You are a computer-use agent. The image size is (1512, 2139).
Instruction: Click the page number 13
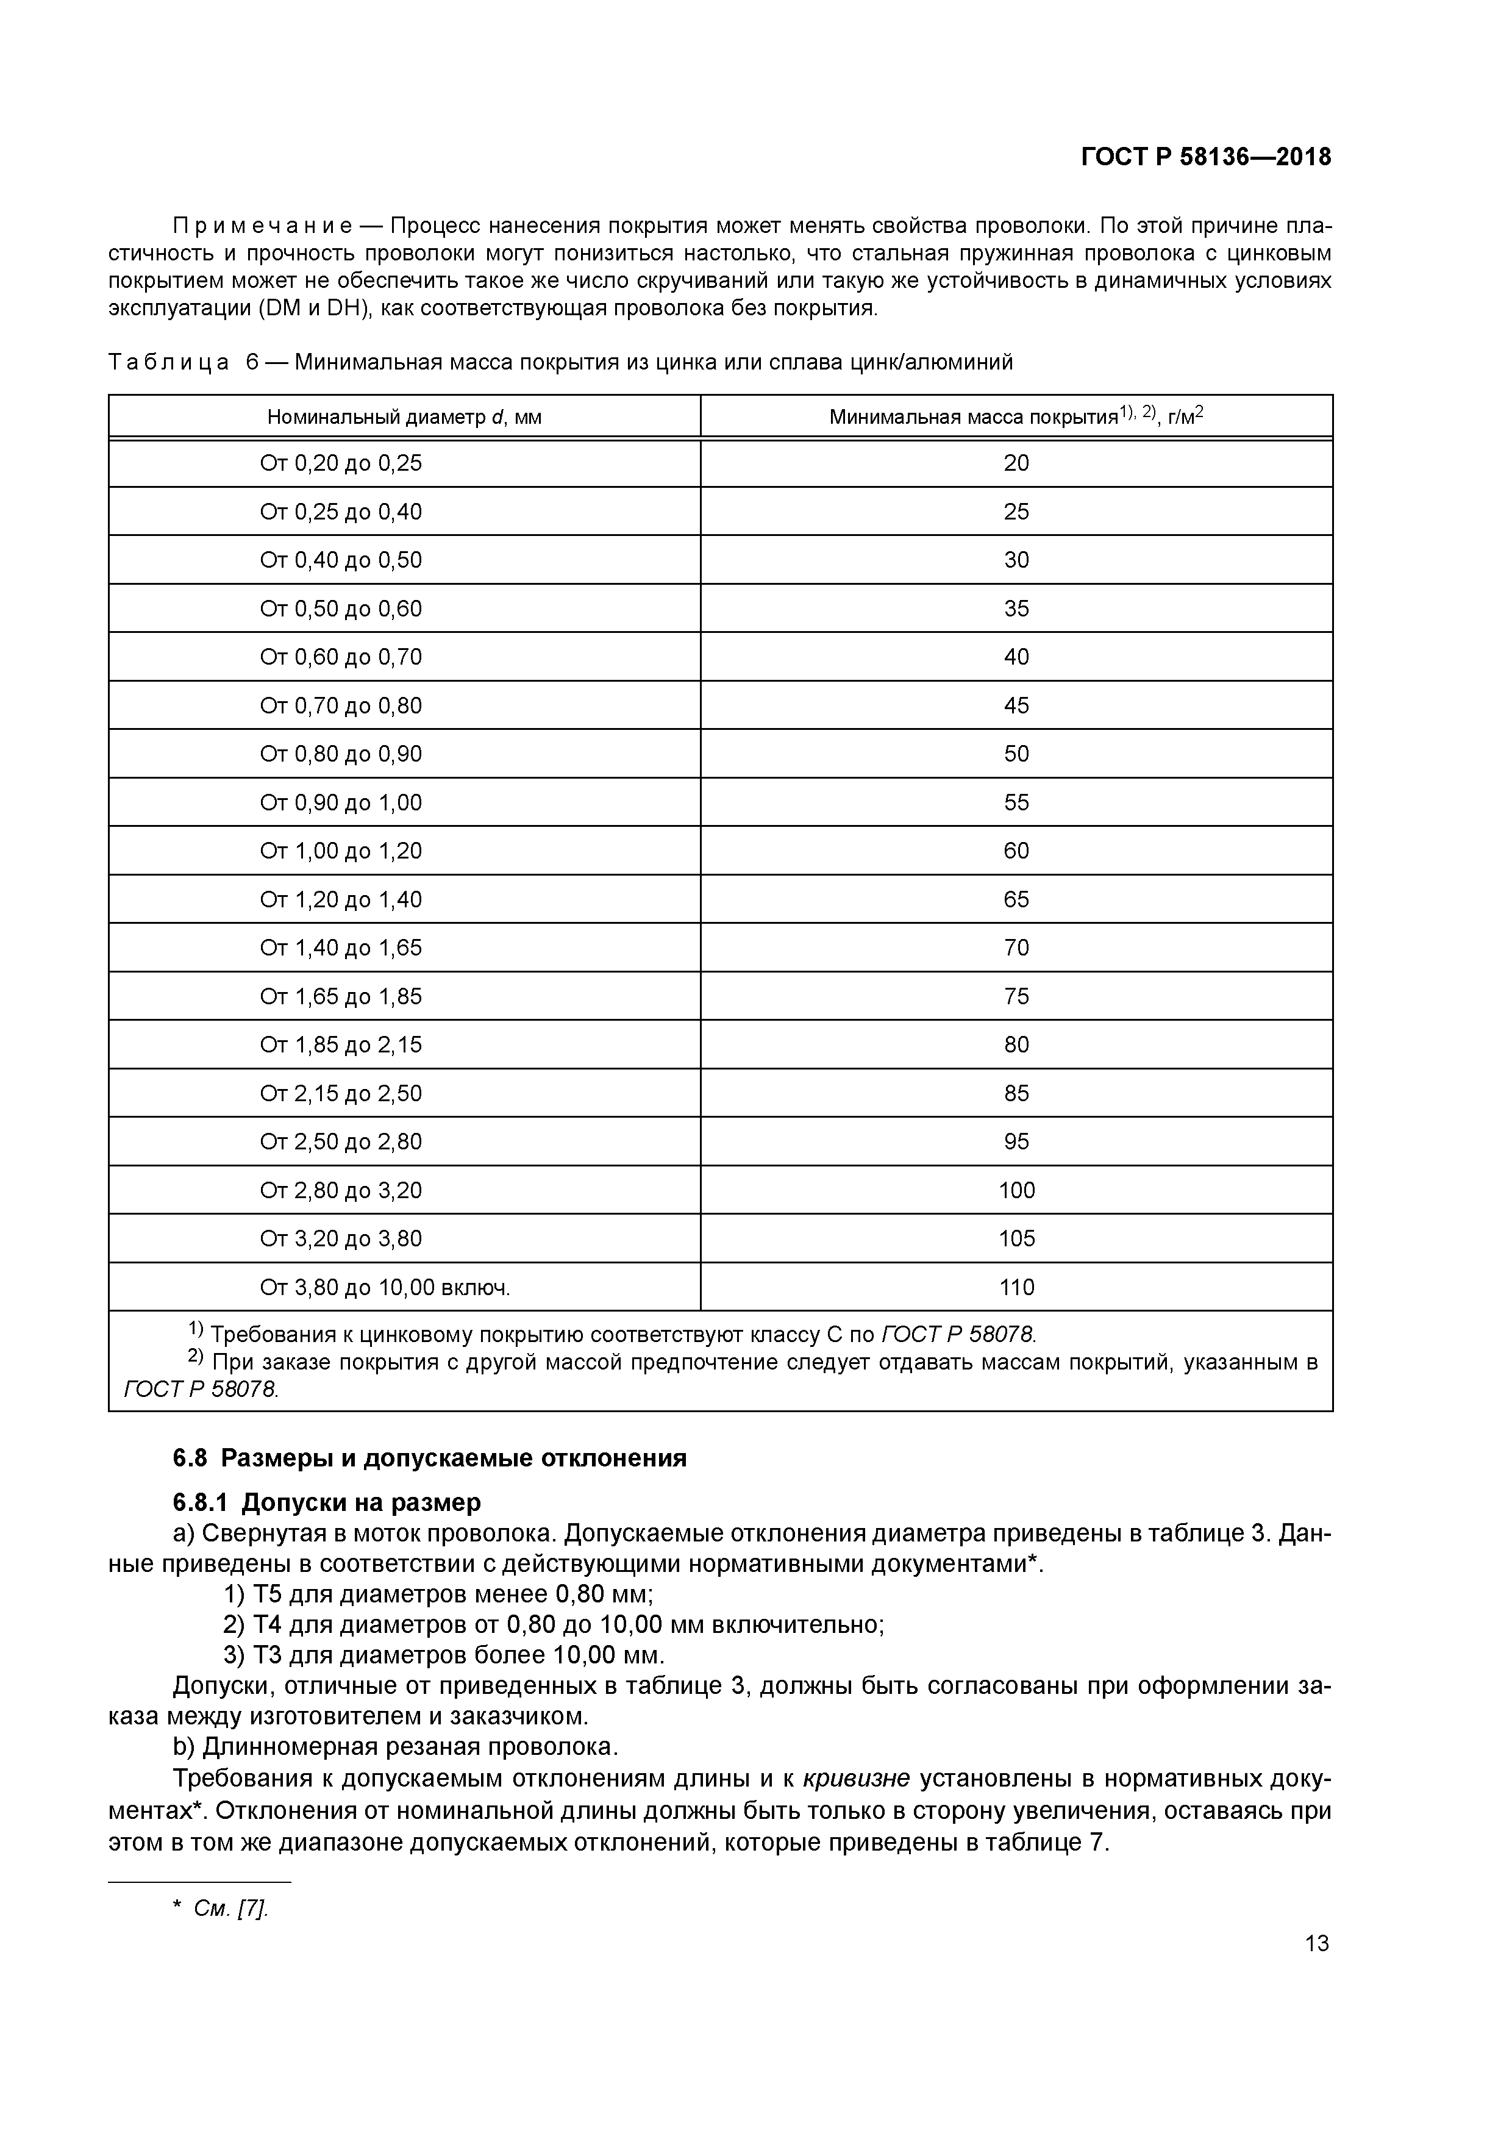(1316, 1943)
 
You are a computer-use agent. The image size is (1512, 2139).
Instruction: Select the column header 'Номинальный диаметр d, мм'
(404, 417)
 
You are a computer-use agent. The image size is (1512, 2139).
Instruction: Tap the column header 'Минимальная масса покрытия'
(1016, 416)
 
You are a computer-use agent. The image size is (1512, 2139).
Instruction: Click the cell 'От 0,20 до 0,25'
(341, 463)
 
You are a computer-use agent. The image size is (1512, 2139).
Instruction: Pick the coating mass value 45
(1016, 705)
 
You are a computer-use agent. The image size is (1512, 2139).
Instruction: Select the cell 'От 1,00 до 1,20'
(341, 851)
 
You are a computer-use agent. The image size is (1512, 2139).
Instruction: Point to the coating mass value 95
(1016, 1141)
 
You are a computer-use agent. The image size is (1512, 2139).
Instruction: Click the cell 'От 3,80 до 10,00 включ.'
(385, 1288)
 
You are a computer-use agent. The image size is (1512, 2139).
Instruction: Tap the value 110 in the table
(1016, 1288)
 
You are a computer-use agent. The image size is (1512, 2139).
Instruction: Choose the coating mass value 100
(1016, 1190)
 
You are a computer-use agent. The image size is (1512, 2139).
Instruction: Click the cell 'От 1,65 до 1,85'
(341, 996)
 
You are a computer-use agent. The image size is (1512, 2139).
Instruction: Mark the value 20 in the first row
(1016, 463)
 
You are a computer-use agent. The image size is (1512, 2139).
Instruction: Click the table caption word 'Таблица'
(169, 362)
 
